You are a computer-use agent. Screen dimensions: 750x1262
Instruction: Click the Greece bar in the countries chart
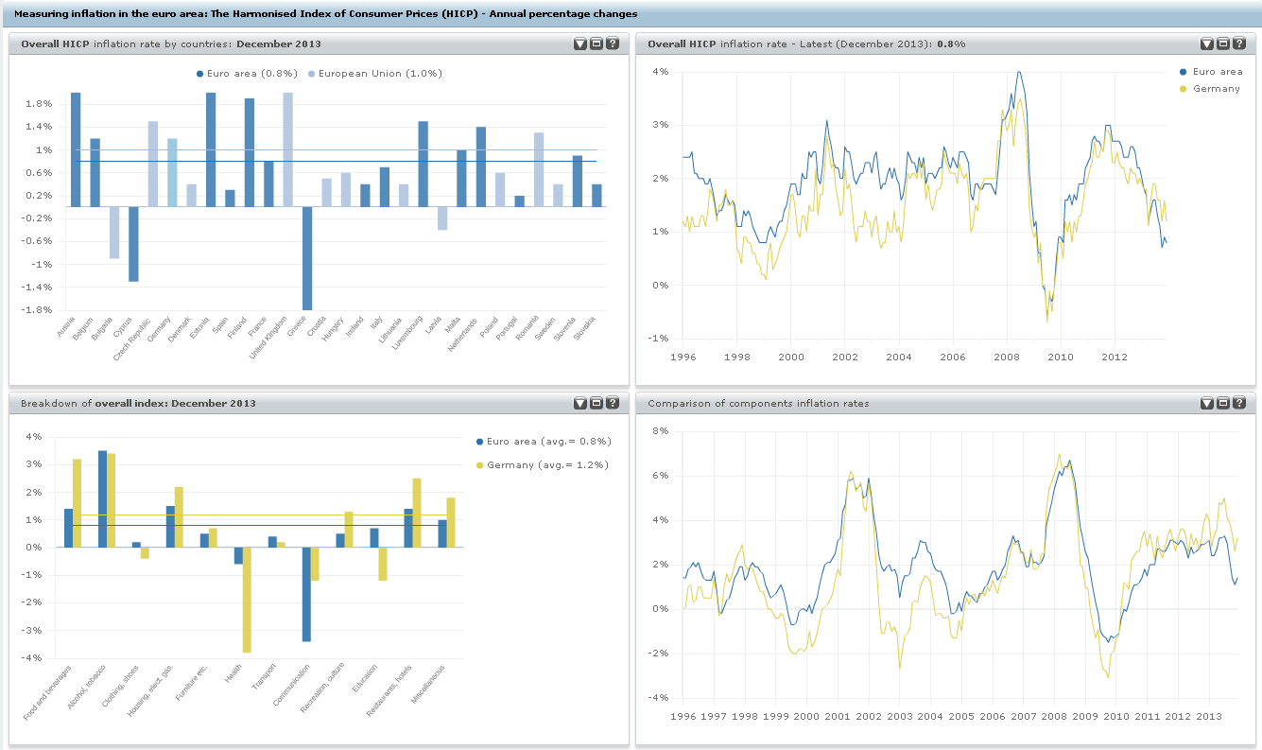307,257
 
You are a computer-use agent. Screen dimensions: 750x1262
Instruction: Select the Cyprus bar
133,244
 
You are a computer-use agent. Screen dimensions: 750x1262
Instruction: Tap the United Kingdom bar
287,149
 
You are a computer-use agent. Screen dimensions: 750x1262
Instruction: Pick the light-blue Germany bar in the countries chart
172,172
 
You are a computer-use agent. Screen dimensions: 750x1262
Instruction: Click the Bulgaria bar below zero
114,232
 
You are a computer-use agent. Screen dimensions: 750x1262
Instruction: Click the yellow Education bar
383,564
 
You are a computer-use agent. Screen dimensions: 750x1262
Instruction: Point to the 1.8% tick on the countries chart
38,104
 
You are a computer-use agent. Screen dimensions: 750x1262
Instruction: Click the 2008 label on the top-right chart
1007,357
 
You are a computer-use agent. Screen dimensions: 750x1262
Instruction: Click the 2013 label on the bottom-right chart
1208,716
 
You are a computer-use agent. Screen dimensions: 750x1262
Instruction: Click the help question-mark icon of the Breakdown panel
613,403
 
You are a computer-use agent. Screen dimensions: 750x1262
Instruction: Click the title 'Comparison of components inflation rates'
758,403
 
